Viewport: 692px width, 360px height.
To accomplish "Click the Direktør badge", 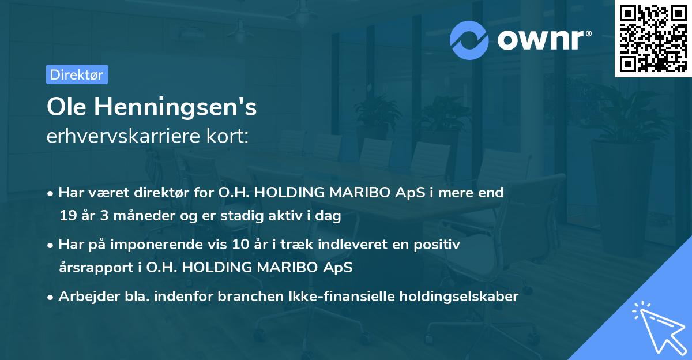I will click(x=77, y=74).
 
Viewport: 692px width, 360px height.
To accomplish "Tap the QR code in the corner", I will click(x=653, y=38).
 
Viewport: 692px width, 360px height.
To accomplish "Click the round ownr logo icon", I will click(x=469, y=40).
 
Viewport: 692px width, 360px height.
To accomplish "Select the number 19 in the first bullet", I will click(x=67, y=216).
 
